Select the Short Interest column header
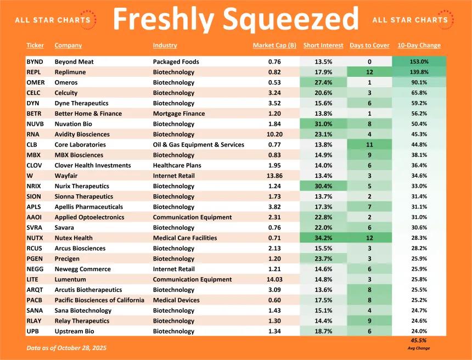pyautogui.click(x=323, y=46)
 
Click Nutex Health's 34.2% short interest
pyautogui.click(x=323, y=238)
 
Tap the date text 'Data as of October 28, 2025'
pyautogui.click(x=66, y=348)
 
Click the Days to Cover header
pyautogui.click(x=369, y=46)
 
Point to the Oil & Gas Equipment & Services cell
pyautogui.click(x=199, y=145)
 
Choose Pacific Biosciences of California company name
pyautogui.click(x=99, y=300)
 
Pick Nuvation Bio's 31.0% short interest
pyautogui.click(x=323, y=124)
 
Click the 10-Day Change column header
pyautogui.click(x=419, y=46)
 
